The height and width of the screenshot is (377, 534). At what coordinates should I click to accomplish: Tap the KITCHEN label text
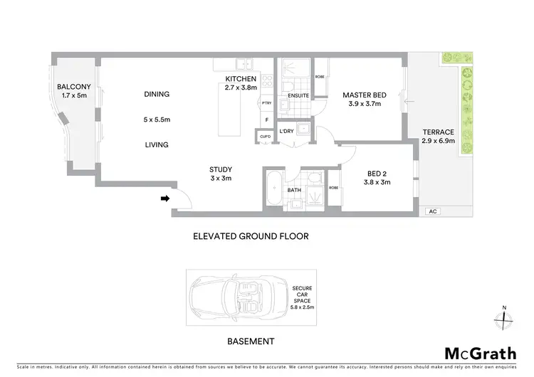[240, 78]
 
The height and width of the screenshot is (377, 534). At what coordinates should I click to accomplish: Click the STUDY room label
[220, 169]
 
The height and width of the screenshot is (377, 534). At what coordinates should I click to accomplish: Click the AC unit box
[432, 211]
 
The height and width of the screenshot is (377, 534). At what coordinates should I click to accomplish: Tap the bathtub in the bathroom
[273, 190]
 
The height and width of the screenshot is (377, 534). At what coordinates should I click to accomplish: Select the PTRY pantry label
[267, 104]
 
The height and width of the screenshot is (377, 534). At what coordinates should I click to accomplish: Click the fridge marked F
[267, 120]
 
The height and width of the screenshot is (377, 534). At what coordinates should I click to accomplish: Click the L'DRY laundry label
[287, 132]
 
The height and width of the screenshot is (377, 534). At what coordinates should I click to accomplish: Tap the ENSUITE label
[298, 95]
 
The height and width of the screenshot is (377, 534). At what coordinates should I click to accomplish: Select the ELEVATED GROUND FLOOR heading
[251, 236]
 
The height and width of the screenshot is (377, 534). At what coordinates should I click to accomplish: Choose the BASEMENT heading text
[251, 341]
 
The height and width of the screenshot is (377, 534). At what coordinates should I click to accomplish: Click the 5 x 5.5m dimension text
[157, 119]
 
